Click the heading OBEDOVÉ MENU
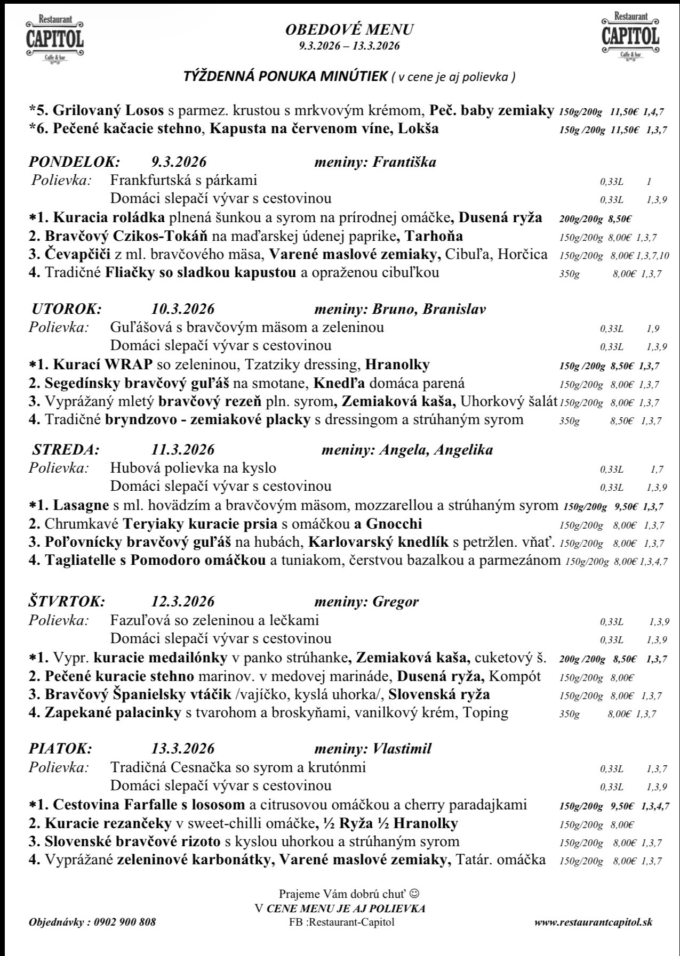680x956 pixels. [x=349, y=30]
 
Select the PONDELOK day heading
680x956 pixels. [x=74, y=161]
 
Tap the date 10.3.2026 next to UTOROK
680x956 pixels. [x=183, y=309]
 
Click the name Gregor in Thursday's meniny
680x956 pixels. [x=395, y=602]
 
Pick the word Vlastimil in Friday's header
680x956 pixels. [x=402, y=748]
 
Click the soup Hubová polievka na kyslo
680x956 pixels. [x=193, y=468]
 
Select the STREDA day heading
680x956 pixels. [x=66, y=449]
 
